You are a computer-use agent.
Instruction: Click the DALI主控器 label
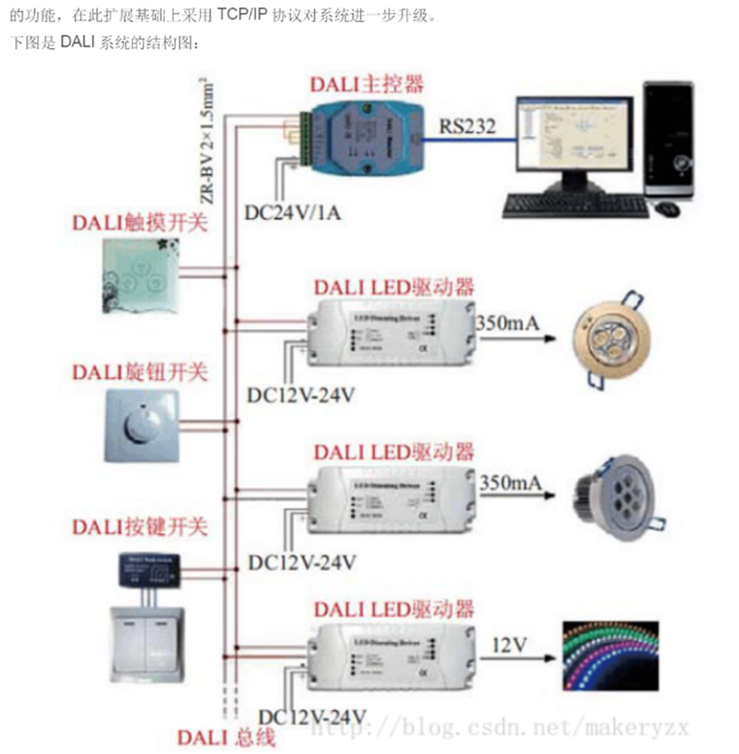366,84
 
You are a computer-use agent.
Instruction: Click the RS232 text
468,125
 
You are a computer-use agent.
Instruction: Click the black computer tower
668,141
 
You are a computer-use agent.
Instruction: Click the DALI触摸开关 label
141,222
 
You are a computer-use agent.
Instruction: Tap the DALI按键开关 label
141,525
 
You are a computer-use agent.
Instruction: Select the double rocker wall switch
148,640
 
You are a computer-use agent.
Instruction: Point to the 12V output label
509,645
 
